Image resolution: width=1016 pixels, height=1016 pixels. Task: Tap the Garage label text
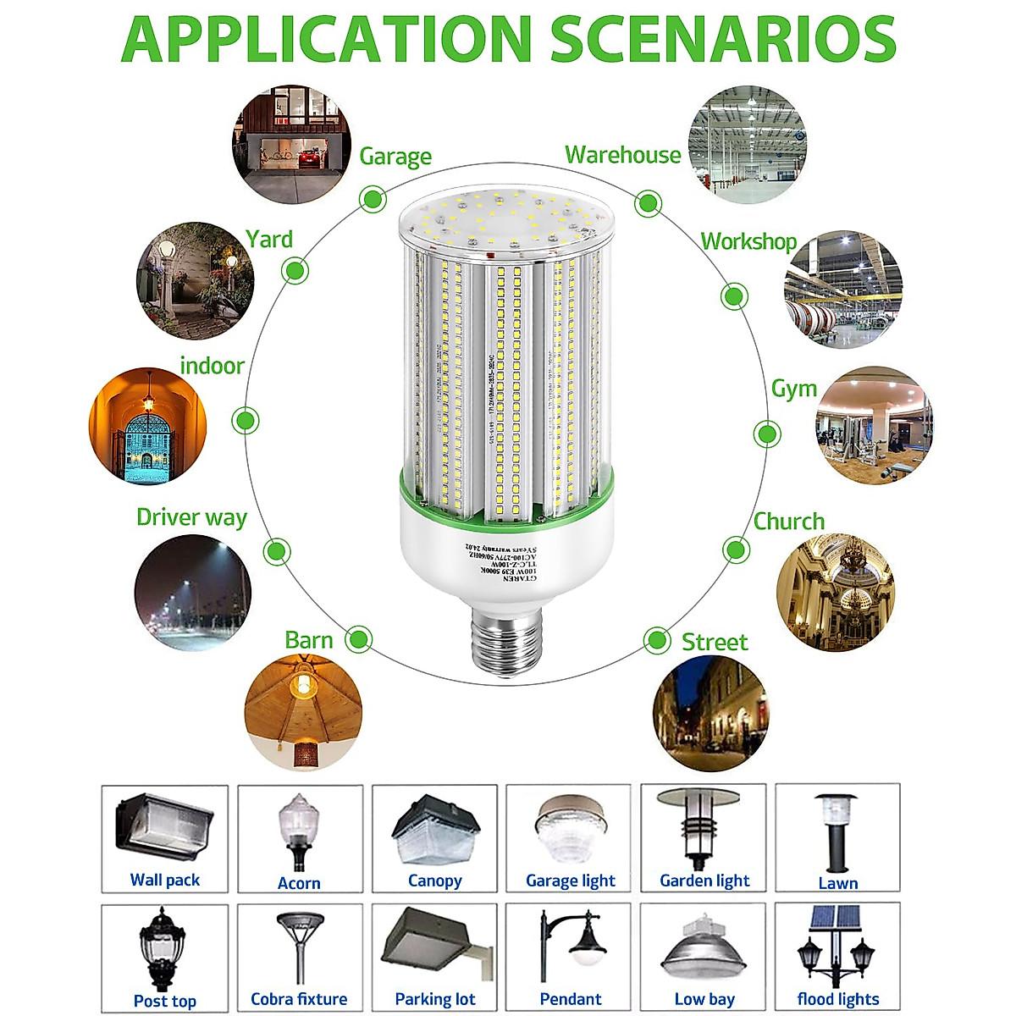point(395,157)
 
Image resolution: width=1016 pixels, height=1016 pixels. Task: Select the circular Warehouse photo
point(747,144)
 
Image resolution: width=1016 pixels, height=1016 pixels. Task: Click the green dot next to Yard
point(295,271)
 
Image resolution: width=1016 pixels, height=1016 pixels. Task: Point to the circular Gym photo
point(874,425)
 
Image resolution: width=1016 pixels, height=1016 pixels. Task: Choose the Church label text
point(788,522)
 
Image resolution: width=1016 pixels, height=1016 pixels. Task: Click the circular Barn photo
point(302,711)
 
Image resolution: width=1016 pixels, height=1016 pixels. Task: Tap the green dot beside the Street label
point(656,640)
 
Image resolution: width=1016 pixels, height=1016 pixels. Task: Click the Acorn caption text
point(299,883)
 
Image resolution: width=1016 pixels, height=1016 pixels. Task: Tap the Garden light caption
point(704,881)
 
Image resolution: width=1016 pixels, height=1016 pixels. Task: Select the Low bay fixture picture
point(704,948)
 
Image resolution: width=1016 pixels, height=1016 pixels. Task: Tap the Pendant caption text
point(571,999)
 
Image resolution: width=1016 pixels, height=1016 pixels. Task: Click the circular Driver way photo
point(193,593)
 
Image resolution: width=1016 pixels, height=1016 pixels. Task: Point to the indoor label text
point(212,366)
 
